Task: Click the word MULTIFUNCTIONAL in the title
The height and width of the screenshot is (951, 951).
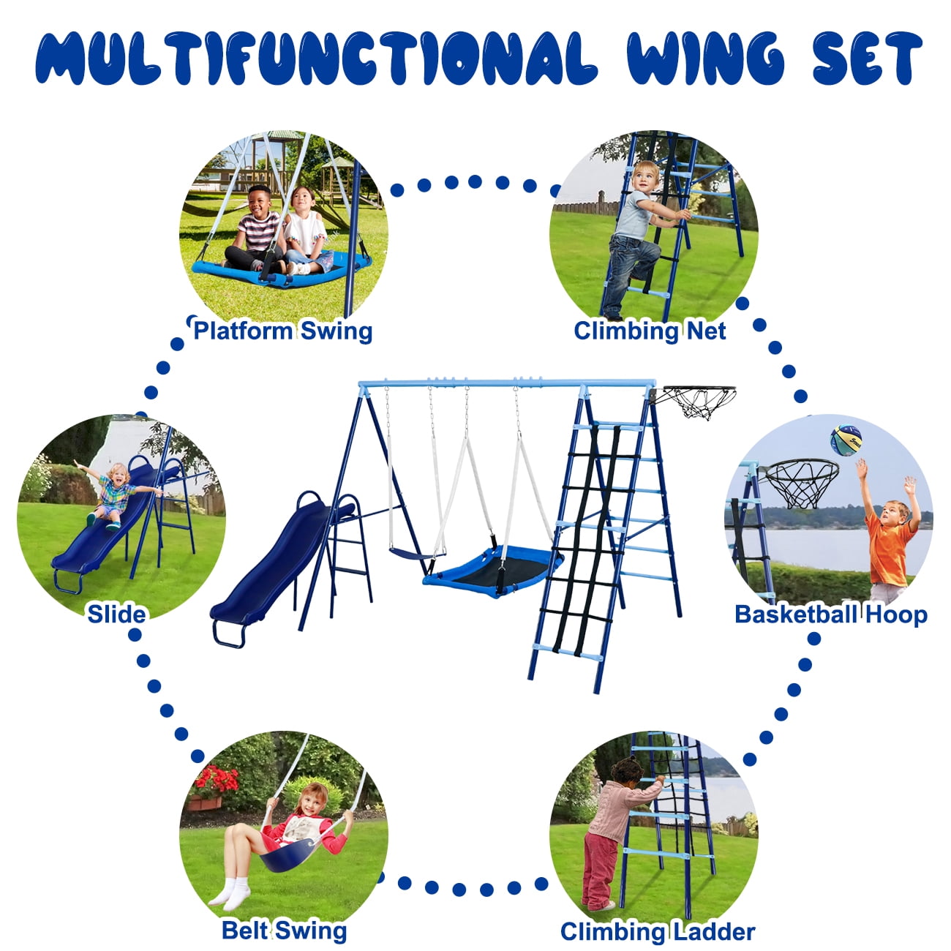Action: pyautogui.click(x=316, y=59)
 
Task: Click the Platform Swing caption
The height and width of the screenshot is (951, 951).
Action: pyautogui.click(x=283, y=331)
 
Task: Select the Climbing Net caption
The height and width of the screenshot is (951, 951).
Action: pyautogui.click(x=650, y=331)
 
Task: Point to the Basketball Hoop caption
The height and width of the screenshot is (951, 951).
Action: pyautogui.click(x=831, y=615)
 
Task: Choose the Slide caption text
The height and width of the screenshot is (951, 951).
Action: pyautogui.click(x=116, y=614)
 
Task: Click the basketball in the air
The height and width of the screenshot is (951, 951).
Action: pyautogui.click(x=846, y=440)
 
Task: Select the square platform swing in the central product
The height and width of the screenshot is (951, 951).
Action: pyautogui.click(x=492, y=571)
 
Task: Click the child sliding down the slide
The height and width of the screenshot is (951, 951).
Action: pyautogui.click(x=116, y=494)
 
